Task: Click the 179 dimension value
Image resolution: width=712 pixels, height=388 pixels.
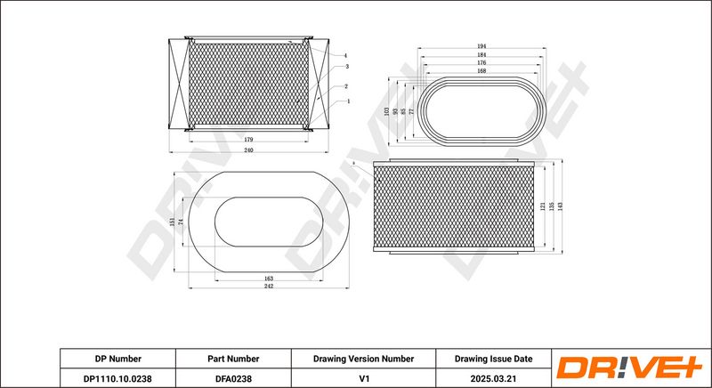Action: [x=248, y=140]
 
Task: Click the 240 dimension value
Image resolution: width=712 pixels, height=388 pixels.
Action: [x=248, y=150]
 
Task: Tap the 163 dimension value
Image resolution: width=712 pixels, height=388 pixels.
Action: [x=269, y=279]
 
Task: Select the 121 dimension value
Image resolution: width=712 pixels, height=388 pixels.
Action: [x=542, y=206]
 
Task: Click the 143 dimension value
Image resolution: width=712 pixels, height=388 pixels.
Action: [x=562, y=206]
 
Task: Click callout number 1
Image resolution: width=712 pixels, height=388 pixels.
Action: [x=346, y=101]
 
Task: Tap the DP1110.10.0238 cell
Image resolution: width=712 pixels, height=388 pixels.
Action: [x=117, y=376]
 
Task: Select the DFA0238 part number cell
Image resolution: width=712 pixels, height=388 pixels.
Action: [x=233, y=376]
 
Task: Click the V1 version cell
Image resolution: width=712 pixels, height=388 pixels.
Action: [x=363, y=376]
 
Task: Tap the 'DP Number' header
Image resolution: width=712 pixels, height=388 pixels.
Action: [x=117, y=358]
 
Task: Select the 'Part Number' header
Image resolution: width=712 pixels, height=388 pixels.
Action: [x=233, y=358]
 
